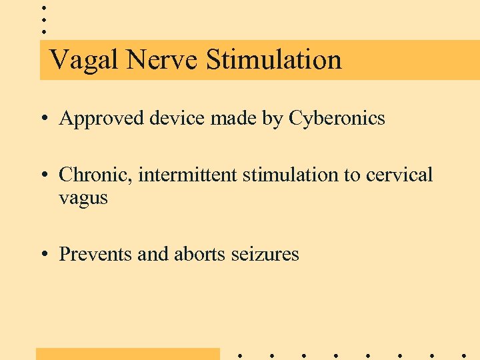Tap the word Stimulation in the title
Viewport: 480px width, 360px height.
point(273,60)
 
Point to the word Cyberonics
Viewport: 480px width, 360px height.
point(337,119)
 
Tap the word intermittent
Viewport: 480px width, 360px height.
point(187,175)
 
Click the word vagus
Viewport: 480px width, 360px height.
point(83,199)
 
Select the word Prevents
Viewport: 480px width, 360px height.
point(95,254)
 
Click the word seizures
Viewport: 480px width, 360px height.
point(265,255)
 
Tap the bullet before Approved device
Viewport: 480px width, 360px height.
point(43,119)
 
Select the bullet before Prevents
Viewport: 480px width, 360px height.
point(43,255)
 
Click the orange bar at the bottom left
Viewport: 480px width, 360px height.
point(127,353)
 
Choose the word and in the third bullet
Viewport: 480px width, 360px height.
point(153,254)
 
